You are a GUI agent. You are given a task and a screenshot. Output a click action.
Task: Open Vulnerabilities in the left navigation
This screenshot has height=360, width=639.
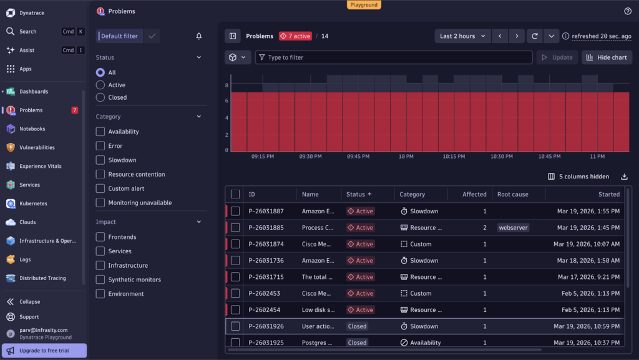(x=37, y=147)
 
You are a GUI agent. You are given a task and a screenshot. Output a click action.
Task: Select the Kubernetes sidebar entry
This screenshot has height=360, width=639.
(x=33, y=203)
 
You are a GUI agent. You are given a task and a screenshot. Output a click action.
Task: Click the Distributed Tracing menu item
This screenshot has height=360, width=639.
(x=42, y=278)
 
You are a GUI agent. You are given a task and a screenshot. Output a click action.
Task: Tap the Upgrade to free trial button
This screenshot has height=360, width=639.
(x=44, y=351)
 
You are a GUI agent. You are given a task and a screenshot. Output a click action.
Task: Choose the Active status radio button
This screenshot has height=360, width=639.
(x=100, y=85)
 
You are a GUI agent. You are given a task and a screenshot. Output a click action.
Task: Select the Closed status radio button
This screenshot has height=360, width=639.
(x=100, y=97)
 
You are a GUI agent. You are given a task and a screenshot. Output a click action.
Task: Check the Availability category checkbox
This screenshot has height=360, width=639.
(x=100, y=132)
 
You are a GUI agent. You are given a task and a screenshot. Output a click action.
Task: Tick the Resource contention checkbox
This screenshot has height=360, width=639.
(x=100, y=174)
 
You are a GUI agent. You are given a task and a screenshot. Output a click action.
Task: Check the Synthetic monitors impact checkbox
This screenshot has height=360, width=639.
(x=100, y=280)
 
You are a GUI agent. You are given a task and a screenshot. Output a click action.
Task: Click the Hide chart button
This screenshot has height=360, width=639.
(x=607, y=57)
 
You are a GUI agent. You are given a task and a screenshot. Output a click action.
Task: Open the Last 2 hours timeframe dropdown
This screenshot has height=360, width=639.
(x=462, y=36)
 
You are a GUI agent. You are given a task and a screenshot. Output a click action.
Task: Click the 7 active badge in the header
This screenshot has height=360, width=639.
(x=295, y=36)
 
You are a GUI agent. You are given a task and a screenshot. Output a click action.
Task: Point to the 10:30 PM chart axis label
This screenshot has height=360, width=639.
(x=501, y=157)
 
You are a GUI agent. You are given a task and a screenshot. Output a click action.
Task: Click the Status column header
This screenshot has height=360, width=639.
(x=359, y=194)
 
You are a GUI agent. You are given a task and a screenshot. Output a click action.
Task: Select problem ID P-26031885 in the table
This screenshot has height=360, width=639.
(x=266, y=228)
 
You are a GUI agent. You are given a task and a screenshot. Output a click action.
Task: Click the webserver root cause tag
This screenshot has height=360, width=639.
(x=514, y=228)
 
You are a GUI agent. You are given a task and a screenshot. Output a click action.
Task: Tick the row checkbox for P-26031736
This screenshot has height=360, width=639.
(x=235, y=261)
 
